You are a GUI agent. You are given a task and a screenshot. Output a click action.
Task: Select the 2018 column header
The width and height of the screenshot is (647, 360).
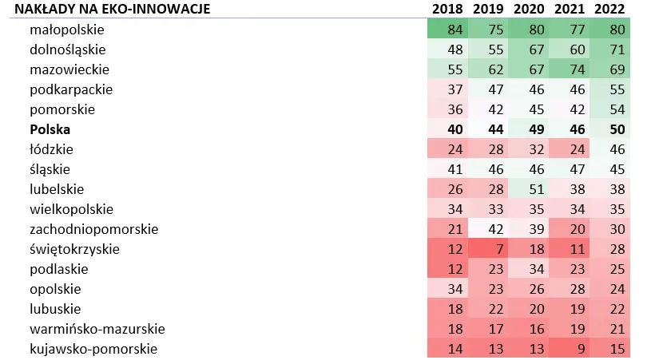pyautogui.click(x=447, y=10)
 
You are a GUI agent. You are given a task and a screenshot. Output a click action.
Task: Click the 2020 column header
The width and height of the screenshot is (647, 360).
pyautogui.click(x=529, y=10)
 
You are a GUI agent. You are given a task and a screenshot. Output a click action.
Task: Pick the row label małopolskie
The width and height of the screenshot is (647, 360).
pyautogui.click(x=67, y=30)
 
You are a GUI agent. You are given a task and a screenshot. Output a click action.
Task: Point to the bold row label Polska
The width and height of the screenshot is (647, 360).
pyautogui.click(x=49, y=129)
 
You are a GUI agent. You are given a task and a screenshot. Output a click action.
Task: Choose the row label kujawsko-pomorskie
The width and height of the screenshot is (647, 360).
pyautogui.click(x=93, y=349)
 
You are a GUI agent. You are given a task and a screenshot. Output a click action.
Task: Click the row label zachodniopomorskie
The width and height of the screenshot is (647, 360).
pyautogui.click(x=93, y=229)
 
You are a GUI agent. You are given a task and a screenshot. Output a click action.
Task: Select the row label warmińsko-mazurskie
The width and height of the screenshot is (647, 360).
pyautogui.click(x=97, y=329)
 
